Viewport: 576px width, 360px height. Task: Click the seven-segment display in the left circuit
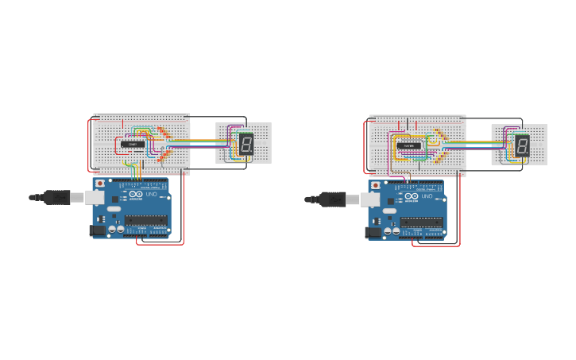pyautogui.click(x=246, y=144)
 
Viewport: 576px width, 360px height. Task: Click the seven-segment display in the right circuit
pyautogui.click(x=522, y=145)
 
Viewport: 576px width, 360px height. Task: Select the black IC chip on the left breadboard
pyautogui.click(x=133, y=145)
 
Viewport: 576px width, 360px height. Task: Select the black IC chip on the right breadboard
pyautogui.click(x=409, y=146)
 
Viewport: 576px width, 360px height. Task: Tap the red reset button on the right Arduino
pyautogui.click(x=376, y=185)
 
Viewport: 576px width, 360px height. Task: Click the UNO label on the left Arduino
pyautogui.click(x=151, y=194)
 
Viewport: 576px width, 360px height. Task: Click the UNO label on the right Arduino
pyautogui.click(x=427, y=195)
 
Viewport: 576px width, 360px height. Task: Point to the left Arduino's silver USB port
pyautogui.click(x=95, y=197)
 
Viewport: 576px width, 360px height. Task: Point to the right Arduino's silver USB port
pyautogui.click(x=370, y=199)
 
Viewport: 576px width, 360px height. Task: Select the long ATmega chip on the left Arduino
pyautogui.click(x=145, y=220)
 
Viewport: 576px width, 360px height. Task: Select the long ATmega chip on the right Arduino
pyautogui.click(x=420, y=222)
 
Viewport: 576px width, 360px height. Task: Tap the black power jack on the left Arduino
pyautogui.click(x=98, y=230)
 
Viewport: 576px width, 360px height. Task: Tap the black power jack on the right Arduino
pyautogui.click(x=373, y=232)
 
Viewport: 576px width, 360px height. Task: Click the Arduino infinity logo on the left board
pyautogui.click(x=136, y=194)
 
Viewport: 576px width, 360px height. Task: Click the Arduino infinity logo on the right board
pyautogui.click(x=412, y=195)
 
